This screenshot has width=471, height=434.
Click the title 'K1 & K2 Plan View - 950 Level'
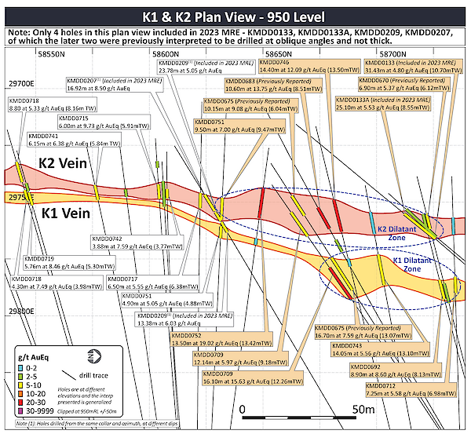[x=235, y=16]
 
